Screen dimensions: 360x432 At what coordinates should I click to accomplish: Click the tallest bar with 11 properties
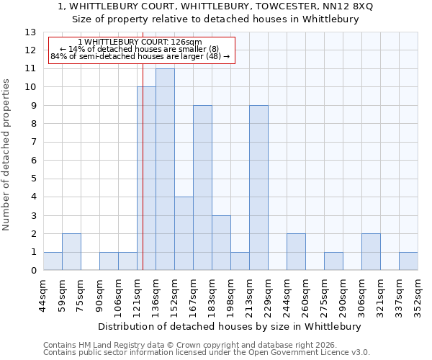(165, 169)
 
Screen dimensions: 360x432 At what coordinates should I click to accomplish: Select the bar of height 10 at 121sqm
(146, 179)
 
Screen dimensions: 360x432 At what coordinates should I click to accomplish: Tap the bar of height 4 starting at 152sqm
(184, 233)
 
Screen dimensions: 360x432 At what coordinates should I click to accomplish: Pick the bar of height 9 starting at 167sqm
(202, 188)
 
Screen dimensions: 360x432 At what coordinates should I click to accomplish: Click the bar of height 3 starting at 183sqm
(221, 243)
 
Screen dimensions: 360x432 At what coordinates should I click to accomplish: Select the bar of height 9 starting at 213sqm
(258, 188)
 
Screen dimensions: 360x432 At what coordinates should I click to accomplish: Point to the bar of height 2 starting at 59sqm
(71, 252)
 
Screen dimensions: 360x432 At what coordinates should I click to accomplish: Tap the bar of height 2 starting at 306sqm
(371, 252)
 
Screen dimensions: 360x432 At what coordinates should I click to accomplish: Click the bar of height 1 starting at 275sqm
(333, 261)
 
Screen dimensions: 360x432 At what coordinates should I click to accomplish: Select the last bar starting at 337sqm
(408, 261)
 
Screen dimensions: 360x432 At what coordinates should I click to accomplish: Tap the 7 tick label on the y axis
(33, 143)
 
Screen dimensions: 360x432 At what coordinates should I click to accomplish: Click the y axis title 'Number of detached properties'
(6, 155)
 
